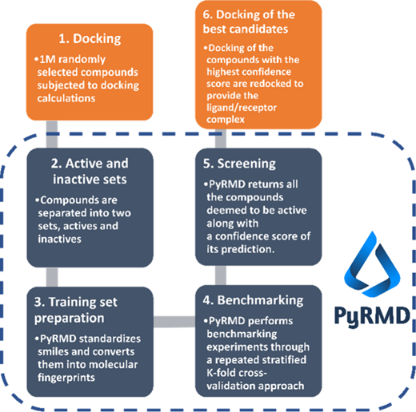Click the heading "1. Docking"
90,38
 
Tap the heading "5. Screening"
239,164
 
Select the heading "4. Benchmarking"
253,300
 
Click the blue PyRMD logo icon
372,264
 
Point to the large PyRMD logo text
372,316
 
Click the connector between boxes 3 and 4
174,322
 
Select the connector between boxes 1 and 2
52,134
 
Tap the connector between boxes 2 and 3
52,277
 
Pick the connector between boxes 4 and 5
221,275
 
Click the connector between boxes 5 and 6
221,139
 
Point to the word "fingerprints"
66,378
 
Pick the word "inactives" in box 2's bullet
59,239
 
